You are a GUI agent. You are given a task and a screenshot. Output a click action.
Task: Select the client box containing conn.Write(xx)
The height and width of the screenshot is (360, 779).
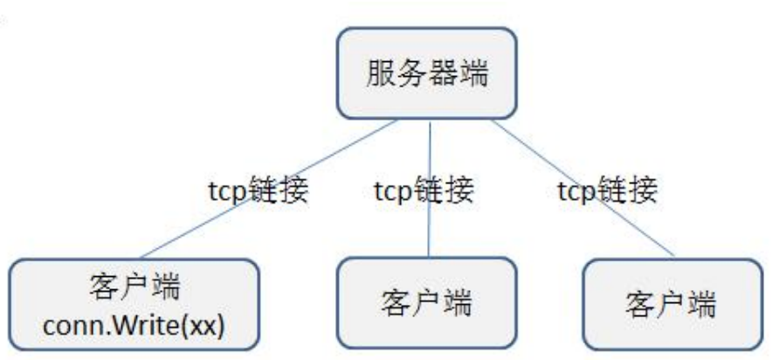[135, 301]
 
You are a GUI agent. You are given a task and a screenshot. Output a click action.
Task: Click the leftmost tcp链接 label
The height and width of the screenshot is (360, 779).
[253, 190]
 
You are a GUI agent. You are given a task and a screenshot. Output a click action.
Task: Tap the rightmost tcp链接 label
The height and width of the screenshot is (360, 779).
[606, 190]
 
